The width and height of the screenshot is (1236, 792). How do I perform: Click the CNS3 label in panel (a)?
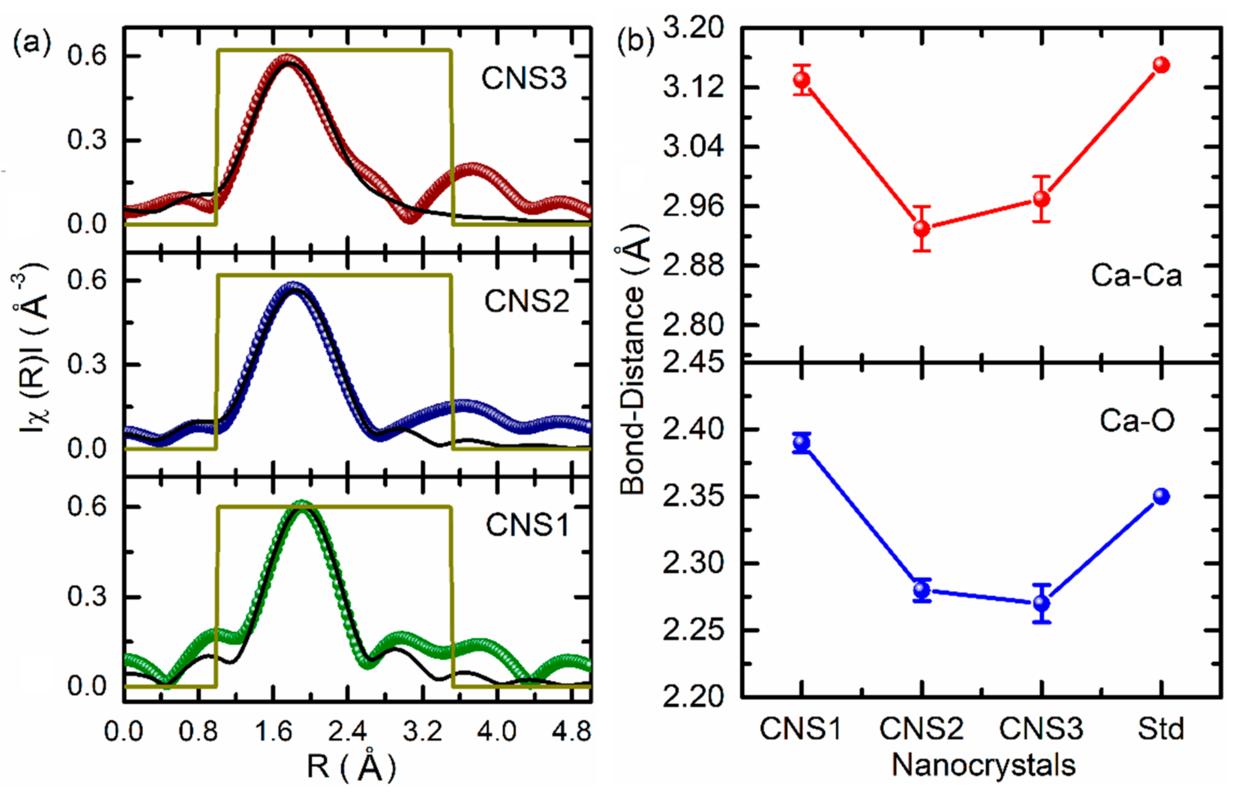524,79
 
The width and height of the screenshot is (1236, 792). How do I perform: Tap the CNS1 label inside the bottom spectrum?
528,526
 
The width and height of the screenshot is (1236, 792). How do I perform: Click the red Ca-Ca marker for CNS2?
922,228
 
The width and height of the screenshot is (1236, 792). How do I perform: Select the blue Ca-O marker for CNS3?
1042,603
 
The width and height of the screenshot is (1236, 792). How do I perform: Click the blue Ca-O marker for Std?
1161,496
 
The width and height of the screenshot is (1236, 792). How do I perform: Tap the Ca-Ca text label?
1136,276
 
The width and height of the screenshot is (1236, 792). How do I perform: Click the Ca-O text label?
1137,421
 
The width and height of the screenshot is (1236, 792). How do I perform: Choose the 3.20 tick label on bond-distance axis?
693,28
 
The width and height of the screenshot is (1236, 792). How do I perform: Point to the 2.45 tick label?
693,363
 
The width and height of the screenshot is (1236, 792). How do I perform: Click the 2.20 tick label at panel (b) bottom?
693,698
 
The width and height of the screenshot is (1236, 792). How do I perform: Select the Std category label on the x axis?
1161,729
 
